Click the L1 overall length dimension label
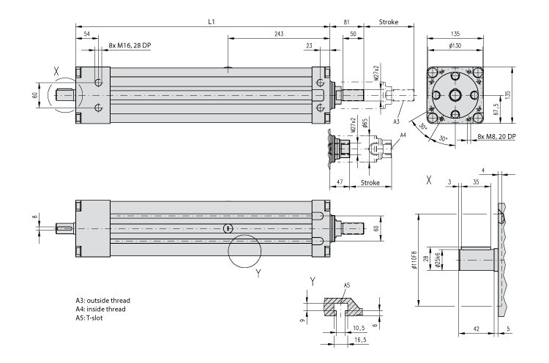[x=211, y=22]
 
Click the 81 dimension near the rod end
[x=346, y=23]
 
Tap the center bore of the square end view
[x=457, y=95]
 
